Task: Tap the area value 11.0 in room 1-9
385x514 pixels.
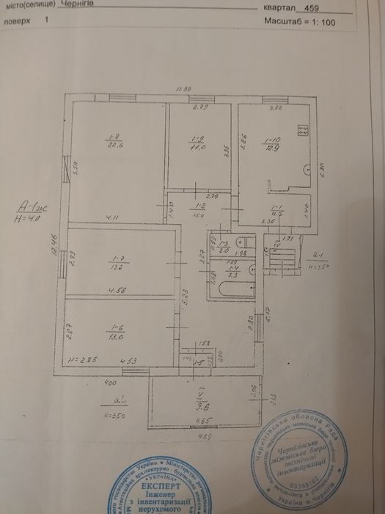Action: pos(197,146)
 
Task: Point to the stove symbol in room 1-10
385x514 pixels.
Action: pos(301,131)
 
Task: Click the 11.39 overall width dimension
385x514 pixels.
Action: pos(183,90)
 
